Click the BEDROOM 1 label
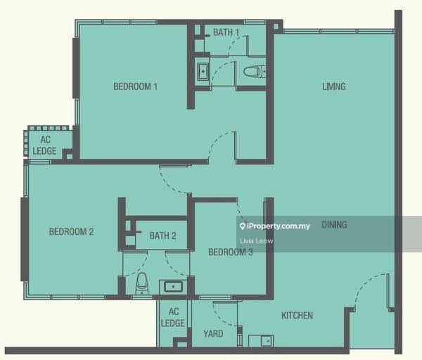click(x=135, y=86)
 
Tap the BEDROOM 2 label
click(x=71, y=231)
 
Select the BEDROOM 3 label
click(x=231, y=252)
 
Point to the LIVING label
click(x=334, y=86)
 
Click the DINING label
click(x=334, y=225)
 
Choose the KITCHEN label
click(x=297, y=315)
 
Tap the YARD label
click(x=213, y=333)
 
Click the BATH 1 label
click(x=226, y=32)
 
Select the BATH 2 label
click(x=163, y=236)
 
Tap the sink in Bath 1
click(x=203, y=71)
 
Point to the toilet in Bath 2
click(x=142, y=283)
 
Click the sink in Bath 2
click(x=173, y=287)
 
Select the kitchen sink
click(x=267, y=341)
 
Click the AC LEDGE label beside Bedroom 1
click(x=45, y=146)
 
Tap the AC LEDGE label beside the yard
click(x=173, y=317)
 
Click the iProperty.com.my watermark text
click(x=279, y=226)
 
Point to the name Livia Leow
click(x=257, y=240)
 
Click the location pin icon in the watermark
click(x=243, y=226)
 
